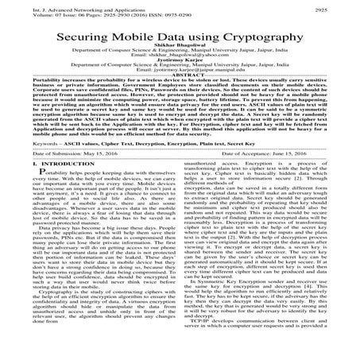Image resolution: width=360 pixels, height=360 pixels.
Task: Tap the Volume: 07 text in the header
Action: (24, 13)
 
